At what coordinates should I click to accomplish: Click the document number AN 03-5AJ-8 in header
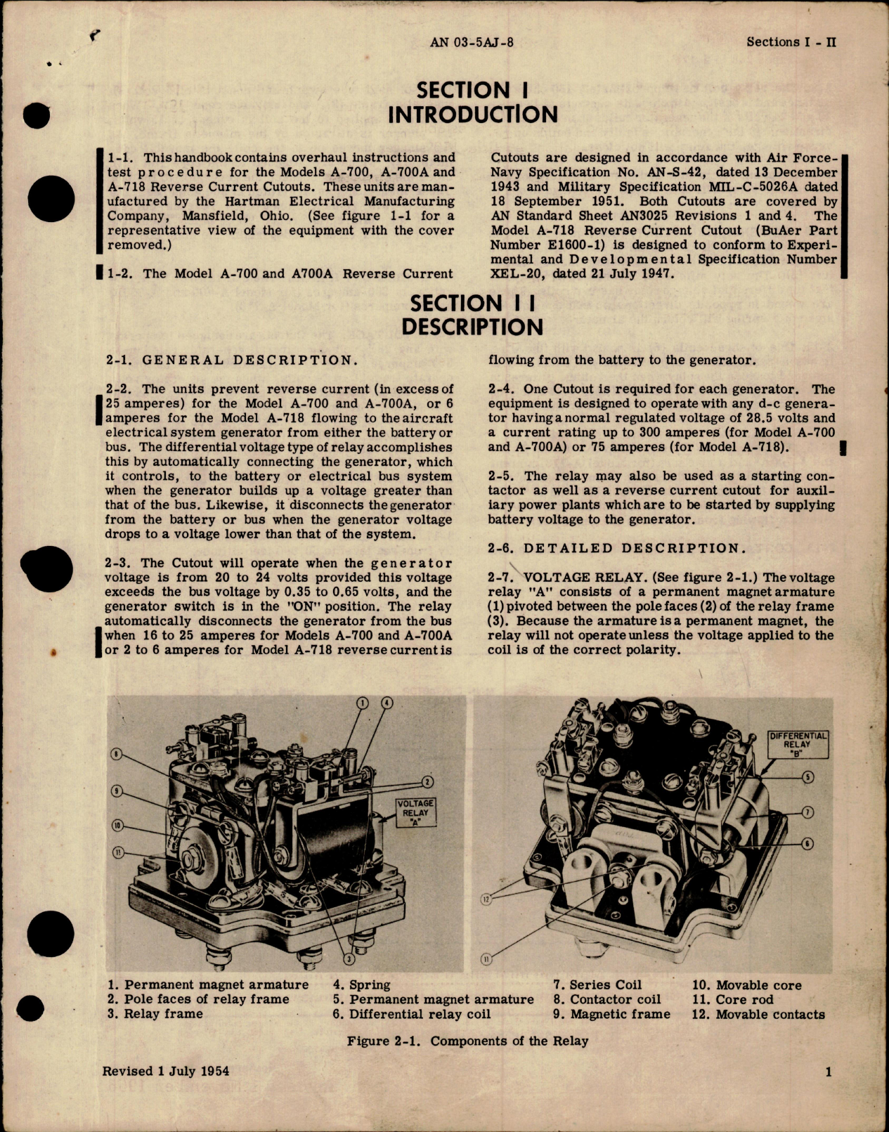pos(472,42)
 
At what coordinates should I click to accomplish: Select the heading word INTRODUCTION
pos(473,115)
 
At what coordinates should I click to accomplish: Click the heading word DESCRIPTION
pos(472,327)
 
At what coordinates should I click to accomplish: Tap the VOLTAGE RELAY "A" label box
pos(415,812)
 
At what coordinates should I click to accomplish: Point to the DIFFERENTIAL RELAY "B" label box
pos(798,744)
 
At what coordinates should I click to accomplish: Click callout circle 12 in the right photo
pos(485,899)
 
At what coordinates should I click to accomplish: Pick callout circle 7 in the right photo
pos(807,812)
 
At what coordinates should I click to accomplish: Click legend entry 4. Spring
pos(361,985)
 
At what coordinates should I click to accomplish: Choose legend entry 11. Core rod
pos(732,1000)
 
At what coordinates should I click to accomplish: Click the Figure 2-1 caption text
pos(467,1041)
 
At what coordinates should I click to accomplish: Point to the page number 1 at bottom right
pos(829,1072)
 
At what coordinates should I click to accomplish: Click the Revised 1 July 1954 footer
pos(166,1071)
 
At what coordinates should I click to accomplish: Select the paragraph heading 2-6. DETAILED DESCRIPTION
pos(605,548)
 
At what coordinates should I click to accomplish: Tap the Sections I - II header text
pos(791,42)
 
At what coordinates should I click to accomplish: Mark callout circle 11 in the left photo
pos(117,852)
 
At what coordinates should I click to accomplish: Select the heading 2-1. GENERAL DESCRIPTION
pos(231,360)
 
